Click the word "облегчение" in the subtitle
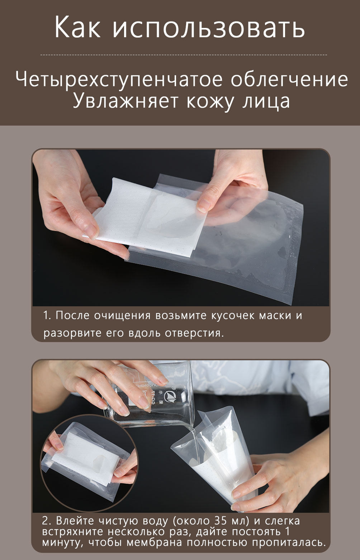pyautogui.click(x=289, y=79)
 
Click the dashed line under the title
pyautogui.click(x=184, y=54)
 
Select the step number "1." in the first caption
pyautogui.click(x=47, y=315)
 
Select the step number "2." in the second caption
pyautogui.click(x=47, y=521)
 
